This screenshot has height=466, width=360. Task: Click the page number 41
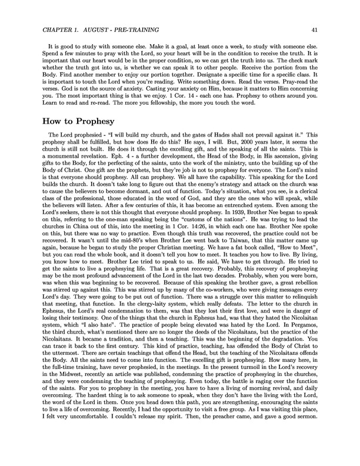click(315, 29)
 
